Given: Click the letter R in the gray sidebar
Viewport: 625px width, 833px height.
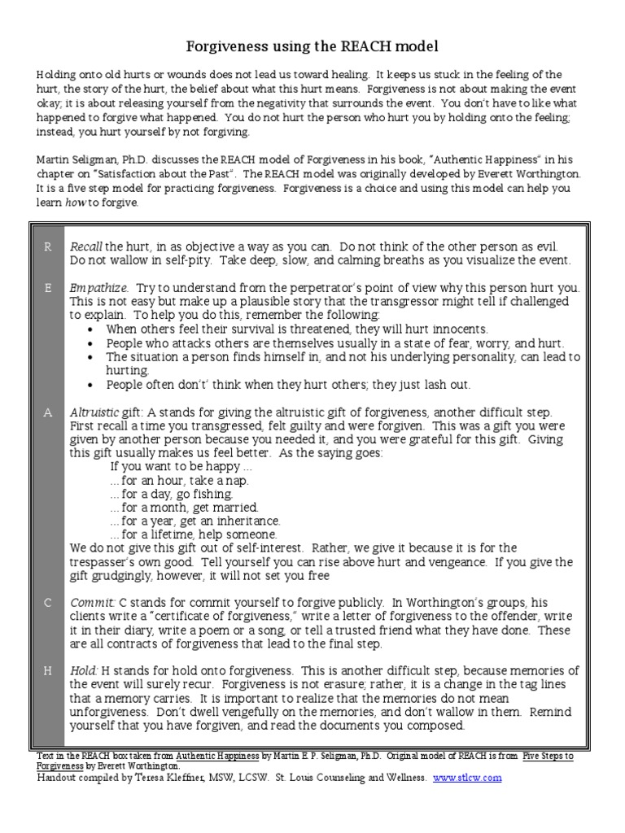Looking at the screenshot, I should click(x=48, y=246).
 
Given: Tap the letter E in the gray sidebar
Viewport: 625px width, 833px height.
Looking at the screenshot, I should click(x=48, y=288).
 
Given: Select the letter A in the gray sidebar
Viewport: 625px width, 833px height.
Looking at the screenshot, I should click(x=48, y=412).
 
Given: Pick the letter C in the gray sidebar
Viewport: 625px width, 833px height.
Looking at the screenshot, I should click(x=48, y=603).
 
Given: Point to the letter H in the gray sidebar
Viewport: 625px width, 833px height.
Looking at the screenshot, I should click(x=48, y=670).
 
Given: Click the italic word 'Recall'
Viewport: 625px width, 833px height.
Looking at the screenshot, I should click(x=85, y=246).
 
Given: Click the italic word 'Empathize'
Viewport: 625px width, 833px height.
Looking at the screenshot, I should click(x=98, y=288).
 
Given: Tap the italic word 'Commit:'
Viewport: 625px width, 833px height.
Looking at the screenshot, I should click(x=92, y=603).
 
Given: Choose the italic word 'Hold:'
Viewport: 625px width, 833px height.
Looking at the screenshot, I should click(x=85, y=670).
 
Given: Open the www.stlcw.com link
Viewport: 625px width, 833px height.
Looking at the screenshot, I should click(x=467, y=778).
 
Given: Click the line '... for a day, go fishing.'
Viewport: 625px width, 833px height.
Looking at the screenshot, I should click(x=172, y=494).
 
